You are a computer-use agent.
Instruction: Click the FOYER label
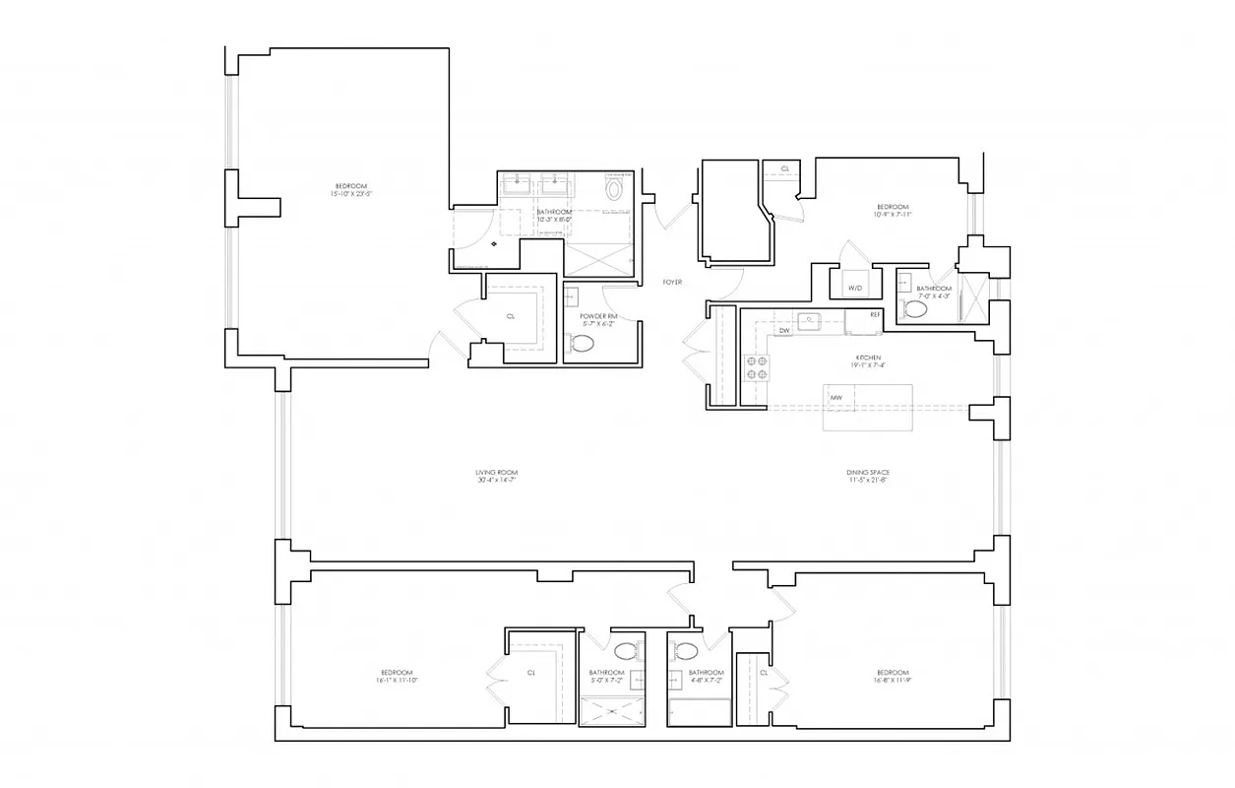coord(672,282)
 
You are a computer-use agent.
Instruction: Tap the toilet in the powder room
coord(583,344)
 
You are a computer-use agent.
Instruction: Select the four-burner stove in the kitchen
coord(757,367)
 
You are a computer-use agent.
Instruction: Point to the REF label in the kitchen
coord(875,314)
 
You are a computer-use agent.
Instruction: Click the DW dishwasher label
coord(784,331)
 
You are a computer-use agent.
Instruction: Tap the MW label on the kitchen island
coord(835,398)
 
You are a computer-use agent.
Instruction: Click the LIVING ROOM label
coord(495,476)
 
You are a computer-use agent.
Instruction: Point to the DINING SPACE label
coord(868,476)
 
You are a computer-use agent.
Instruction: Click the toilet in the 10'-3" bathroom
coord(615,188)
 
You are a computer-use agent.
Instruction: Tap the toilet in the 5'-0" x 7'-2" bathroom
coord(624,650)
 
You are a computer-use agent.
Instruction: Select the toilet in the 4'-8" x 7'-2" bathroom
coord(687,650)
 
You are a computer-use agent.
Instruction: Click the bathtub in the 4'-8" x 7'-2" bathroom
coord(699,712)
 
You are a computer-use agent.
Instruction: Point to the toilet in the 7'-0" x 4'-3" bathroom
coord(915,309)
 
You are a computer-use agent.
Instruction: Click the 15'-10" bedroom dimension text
coord(351,194)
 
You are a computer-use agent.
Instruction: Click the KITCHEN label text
coord(867,359)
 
